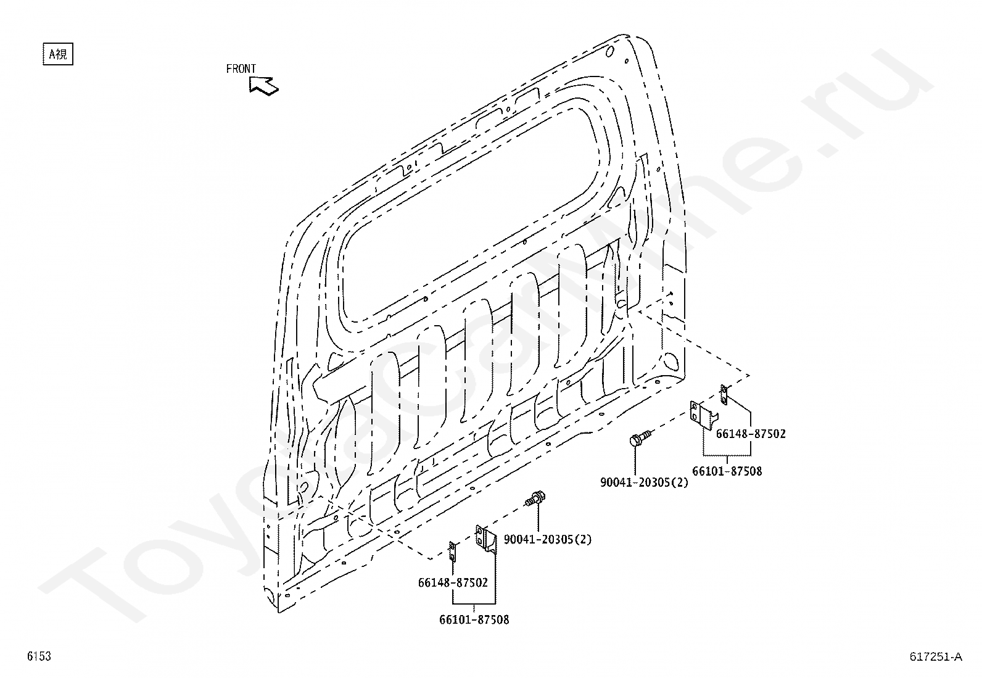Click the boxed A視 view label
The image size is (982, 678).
tap(57, 54)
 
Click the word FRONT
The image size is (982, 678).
tap(241, 69)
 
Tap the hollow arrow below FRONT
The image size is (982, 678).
tap(264, 86)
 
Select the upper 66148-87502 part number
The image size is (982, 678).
tap(751, 434)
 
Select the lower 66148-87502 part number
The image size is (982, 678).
tap(453, 582)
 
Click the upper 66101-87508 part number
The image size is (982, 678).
tap(727, 471)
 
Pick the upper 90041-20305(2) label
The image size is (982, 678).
tap(644, 482)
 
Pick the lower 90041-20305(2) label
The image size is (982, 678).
tap(547, 539)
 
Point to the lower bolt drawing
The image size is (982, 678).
tap(537, 497)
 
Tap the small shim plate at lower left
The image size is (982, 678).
tap(452, 552)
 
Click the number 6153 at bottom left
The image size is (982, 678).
tap(38, 656)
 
